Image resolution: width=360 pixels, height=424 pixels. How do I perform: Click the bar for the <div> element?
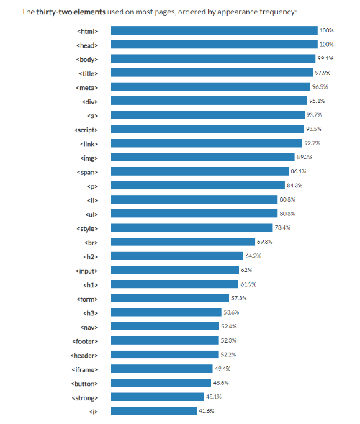tap(209, 101)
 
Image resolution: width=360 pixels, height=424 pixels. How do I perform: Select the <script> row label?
tap(86, 129)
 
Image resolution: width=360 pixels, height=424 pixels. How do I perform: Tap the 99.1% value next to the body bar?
tap(325, 58)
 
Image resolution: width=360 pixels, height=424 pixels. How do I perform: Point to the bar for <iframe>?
tap(163, 369)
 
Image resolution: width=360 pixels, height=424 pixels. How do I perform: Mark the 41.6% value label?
tap(207, 411)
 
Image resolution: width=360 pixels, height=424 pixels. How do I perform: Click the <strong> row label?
tap(86, 397)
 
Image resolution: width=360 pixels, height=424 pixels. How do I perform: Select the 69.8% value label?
tap(266, 242)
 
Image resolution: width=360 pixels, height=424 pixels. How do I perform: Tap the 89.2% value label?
tap(305, 157)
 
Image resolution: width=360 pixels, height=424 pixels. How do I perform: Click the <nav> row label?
tap(89, 326)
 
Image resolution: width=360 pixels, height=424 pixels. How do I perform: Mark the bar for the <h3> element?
tap(166, 312)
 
